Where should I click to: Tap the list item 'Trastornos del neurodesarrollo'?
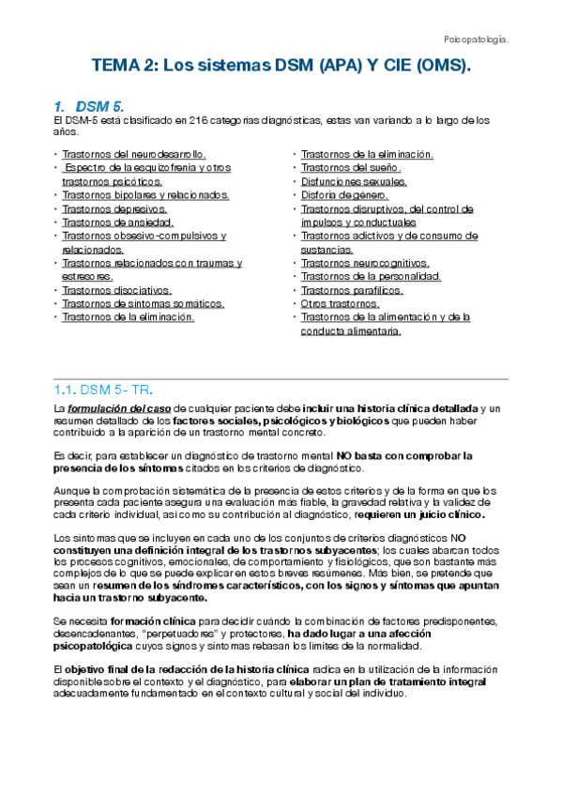(133, 154)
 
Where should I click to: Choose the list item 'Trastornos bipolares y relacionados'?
(144, 195)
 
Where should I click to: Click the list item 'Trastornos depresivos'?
(113, 209)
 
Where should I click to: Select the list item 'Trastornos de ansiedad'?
(117, 222)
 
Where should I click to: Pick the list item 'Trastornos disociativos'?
(116, 291)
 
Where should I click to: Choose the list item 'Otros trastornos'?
(340, 304)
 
